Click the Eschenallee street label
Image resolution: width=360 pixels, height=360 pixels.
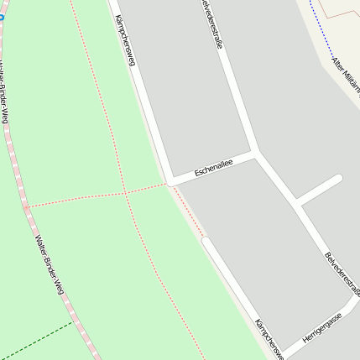point(213,168)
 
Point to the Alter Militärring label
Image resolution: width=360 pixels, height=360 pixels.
point(346,76)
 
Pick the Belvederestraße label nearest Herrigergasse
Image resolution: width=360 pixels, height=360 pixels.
point(342,274)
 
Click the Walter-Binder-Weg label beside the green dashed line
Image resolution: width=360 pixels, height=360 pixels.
point(49,264)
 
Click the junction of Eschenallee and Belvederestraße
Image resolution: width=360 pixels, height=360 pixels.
point(257,154)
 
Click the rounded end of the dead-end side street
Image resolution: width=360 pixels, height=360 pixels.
point(337,180)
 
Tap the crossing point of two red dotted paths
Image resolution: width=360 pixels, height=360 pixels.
point(126,193)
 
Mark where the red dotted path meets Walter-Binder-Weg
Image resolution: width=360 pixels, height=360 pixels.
point(26,206)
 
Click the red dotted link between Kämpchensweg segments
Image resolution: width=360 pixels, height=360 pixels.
point(190,211)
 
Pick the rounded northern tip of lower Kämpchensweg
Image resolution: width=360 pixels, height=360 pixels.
point(206,242)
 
